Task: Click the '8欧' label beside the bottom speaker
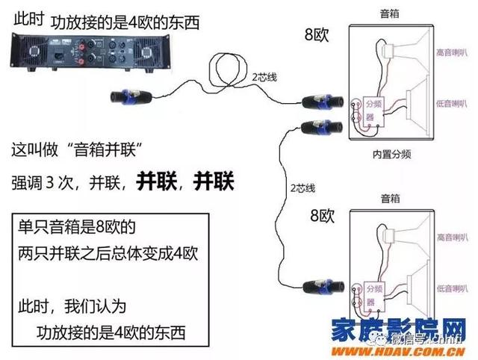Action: [x=323, y=217]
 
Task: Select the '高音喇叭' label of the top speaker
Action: [x=451, y=53]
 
